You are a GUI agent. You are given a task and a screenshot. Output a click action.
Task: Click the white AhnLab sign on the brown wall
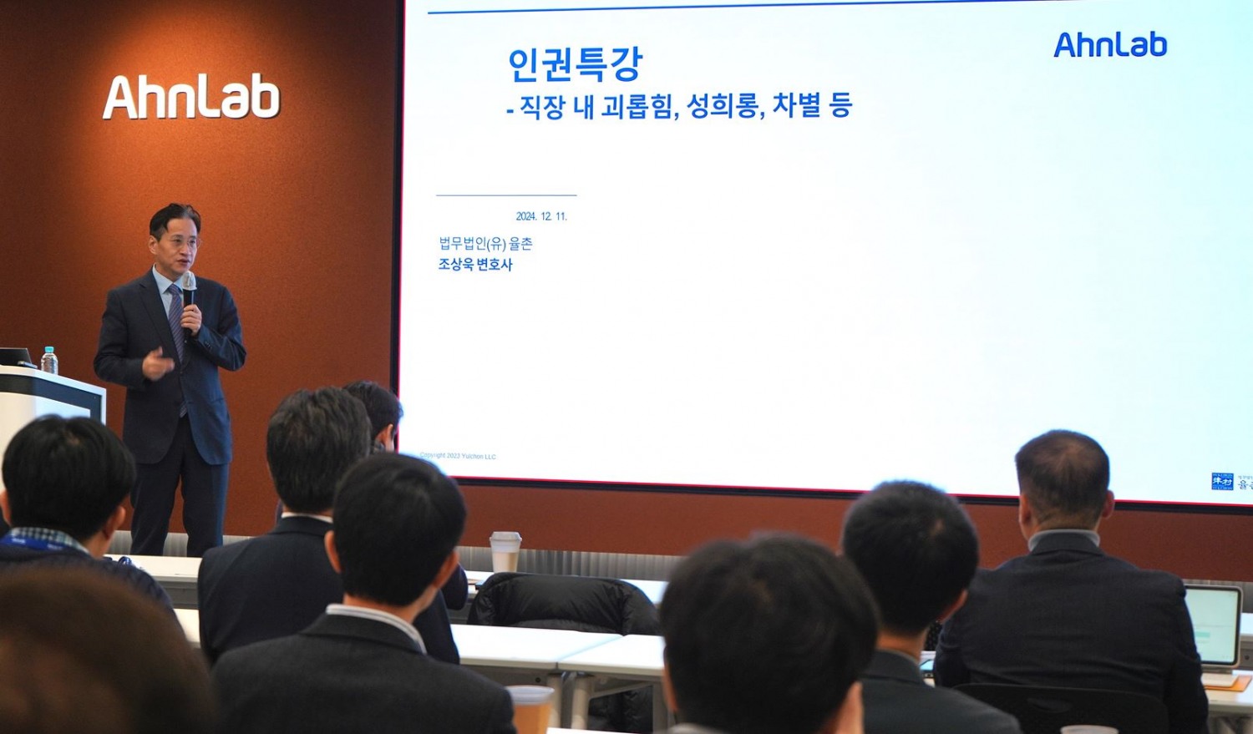point(191,97)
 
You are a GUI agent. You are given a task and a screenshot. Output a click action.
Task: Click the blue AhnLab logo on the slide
point(1110,45)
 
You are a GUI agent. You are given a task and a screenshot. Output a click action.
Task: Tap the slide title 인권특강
point(575,64)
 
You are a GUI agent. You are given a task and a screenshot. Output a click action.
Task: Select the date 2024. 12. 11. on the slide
point(541,216)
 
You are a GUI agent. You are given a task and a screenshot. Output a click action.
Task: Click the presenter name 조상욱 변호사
point(475,265)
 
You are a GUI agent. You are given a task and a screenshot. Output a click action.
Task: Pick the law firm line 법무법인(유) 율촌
point(485,243)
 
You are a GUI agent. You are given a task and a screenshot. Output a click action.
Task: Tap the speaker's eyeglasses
point(179,242)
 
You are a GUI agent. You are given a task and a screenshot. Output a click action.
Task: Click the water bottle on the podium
point(49,360)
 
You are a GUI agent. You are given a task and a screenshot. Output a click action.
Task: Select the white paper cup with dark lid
point(505,551)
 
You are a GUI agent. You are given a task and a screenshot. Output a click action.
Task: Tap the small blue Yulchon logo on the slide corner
point(1222,481)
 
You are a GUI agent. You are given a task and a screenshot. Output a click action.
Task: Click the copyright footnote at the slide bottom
point(457,456)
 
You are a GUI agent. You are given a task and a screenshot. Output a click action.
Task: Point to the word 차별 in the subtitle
point(796,106)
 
